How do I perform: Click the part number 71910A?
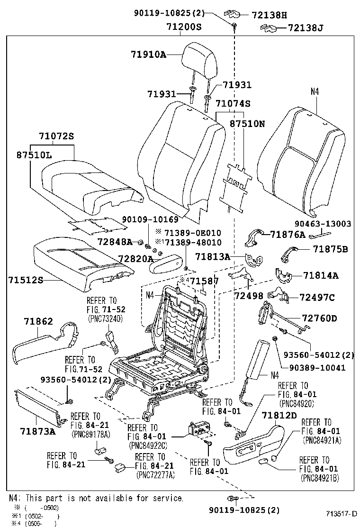(148, 55)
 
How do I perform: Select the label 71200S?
(184, 27)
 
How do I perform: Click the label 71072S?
(56, 136)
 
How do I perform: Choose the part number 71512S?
(25, 280)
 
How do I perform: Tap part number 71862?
(38, 322)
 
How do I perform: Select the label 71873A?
(37, 431)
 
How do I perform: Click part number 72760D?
(317, 318)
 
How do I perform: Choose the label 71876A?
(288, 234)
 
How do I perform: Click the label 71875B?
(330, 249)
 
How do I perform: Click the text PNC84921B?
(320, 477)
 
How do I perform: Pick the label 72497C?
(317, 297)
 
